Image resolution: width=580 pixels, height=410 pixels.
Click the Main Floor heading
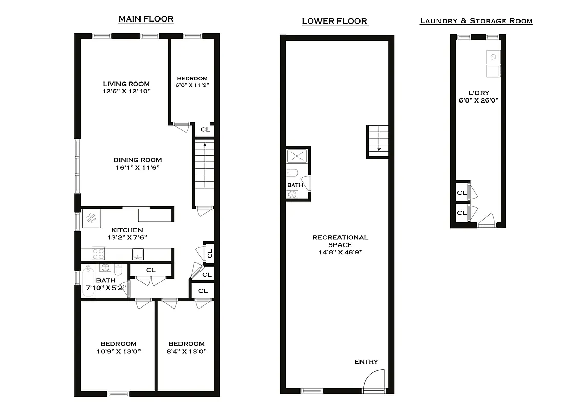coord(146,19)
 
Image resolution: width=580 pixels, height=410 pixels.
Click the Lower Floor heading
coord(334,21)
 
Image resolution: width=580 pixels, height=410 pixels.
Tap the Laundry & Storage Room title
coord(476,21)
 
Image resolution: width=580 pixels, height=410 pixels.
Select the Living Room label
coord(126,84)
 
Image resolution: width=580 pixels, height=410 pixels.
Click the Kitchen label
coord(126,230)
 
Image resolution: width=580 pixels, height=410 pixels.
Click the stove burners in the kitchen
coord(98,253)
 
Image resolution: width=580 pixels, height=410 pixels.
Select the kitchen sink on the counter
coord(138,254)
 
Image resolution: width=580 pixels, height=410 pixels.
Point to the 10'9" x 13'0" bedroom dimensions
coord(118,351)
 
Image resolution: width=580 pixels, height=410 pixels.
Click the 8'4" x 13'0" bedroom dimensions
coord(186,351)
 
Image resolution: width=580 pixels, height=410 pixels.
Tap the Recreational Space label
coord(341,241)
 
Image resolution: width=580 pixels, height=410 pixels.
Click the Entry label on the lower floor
coord(366,362)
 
